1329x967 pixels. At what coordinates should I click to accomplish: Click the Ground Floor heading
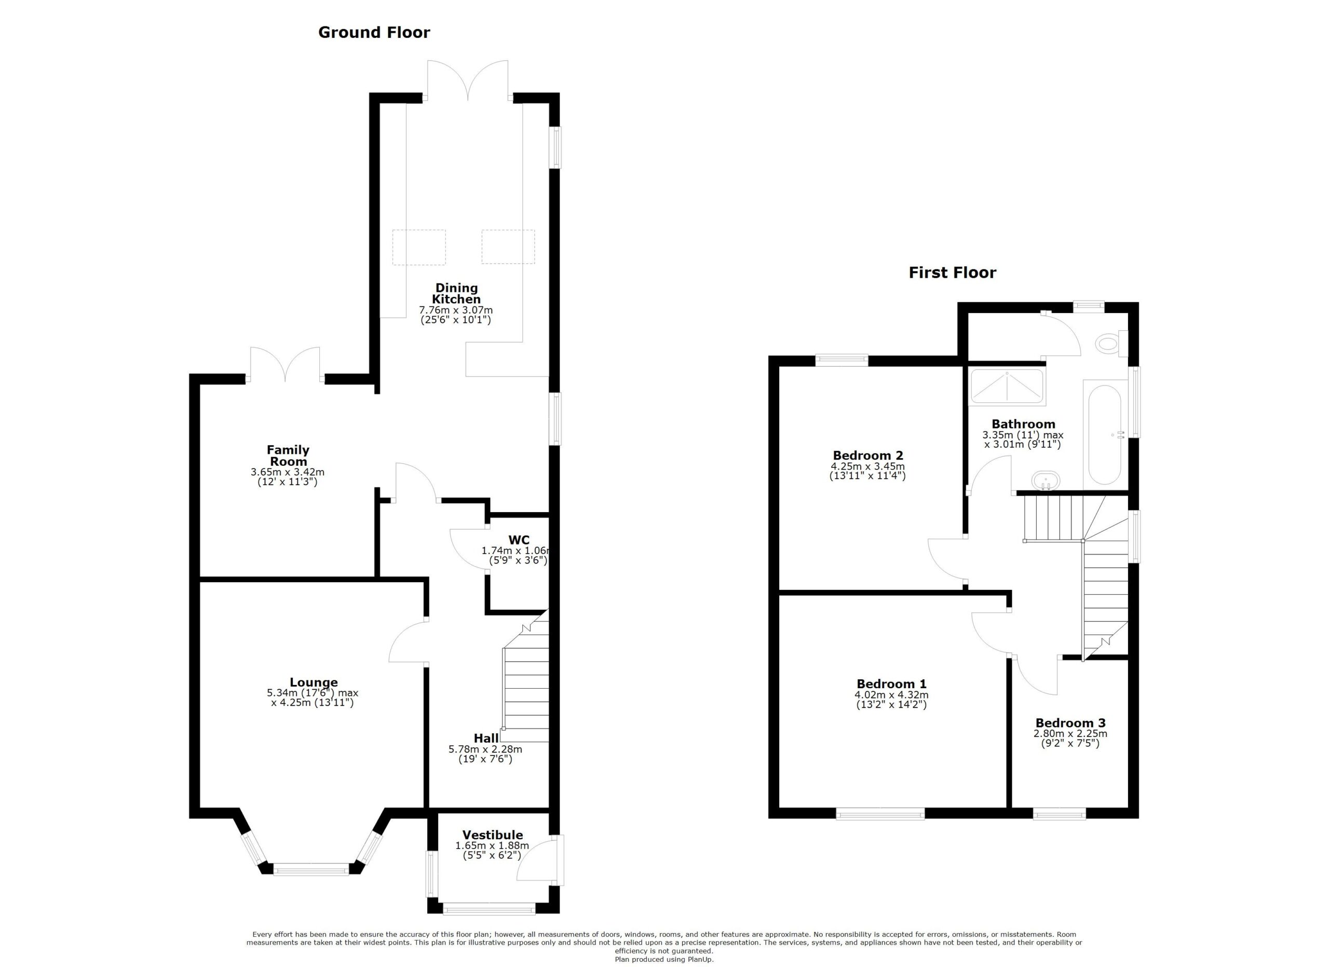click(374, 32)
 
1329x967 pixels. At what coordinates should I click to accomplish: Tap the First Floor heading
click(952, 273)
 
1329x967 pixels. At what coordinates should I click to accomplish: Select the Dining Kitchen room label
click(456, 293)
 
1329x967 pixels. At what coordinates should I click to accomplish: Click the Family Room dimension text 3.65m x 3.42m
click(287, 472)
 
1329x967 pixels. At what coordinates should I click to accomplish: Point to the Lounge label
click(314, 682)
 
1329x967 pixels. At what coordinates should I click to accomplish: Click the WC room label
click(519, 540)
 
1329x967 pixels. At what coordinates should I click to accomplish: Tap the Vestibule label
click(492, 835)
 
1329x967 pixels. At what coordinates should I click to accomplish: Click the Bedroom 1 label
click(891, 684)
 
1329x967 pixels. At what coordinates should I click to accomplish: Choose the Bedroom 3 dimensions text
click(1070, 738)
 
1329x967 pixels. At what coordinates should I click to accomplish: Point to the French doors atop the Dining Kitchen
click(467, 82)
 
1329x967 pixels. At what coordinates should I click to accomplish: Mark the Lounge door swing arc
click(403, 642)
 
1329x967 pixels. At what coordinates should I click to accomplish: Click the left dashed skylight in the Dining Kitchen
click(418, 247)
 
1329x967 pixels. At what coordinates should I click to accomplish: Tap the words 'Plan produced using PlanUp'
click(664, 959)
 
